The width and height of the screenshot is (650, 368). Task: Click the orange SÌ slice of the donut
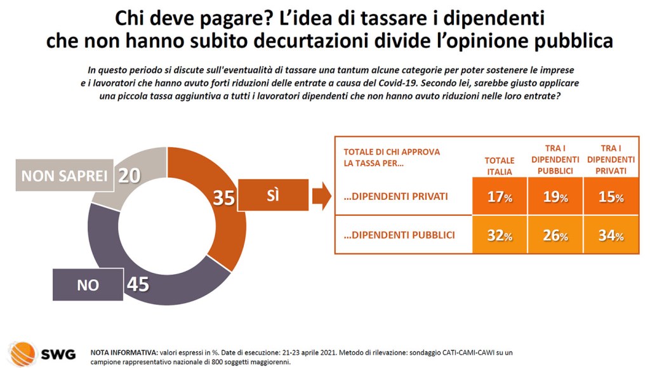point(225,235)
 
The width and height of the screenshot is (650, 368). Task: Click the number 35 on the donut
point(223,197)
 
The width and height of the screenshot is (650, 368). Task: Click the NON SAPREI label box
point(64,176)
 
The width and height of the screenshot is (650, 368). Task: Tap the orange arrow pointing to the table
point(322,197)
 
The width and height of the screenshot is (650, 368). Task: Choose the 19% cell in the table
point(554,197)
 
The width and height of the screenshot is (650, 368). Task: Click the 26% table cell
point(554,236)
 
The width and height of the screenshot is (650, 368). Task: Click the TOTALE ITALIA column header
point(499,166)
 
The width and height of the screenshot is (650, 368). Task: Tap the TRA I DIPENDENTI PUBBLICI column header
point(554,159)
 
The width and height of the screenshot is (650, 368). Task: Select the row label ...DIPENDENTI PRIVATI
point(395,197)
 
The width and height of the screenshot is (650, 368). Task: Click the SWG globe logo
point(23,353)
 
